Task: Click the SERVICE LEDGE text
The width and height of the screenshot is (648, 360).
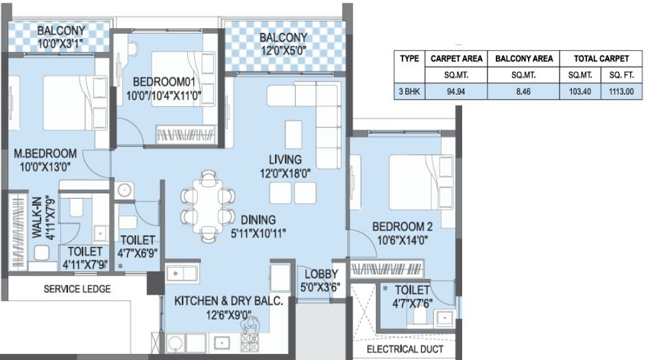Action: pos(77,289)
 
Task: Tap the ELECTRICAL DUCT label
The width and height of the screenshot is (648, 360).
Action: pos(403,349)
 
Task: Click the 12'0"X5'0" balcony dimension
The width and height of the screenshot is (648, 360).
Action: pos(283,50)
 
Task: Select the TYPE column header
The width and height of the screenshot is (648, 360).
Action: pos(409,59)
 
